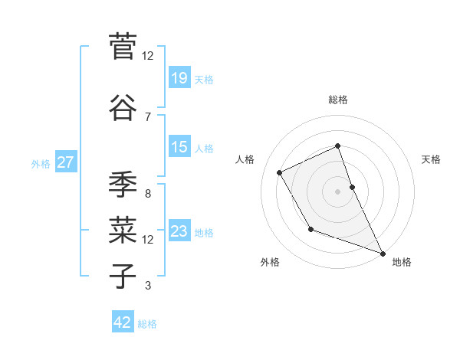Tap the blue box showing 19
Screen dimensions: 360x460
(179, 78)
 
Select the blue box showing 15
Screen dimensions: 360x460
(179, 147)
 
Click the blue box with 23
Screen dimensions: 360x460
(179, 231)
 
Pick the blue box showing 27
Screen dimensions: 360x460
(66, 162)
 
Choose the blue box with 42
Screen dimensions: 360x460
(123, 322)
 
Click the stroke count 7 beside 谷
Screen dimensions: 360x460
(148, 117)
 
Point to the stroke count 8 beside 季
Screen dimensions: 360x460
(148, 194)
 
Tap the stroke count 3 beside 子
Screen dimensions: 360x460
(148, 286)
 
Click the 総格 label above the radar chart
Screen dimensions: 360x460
(337, 100)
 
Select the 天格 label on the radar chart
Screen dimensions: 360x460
(431, 159)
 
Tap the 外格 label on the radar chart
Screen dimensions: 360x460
(270, 262)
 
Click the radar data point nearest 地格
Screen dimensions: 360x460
(383, 254)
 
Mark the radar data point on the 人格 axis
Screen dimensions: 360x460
(280, 172)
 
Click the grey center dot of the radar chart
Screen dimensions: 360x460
(337, 191)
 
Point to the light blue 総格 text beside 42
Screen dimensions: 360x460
(147, 324)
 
